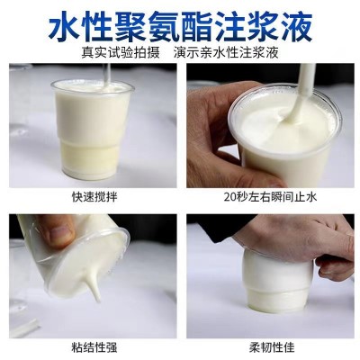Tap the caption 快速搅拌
93,193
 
